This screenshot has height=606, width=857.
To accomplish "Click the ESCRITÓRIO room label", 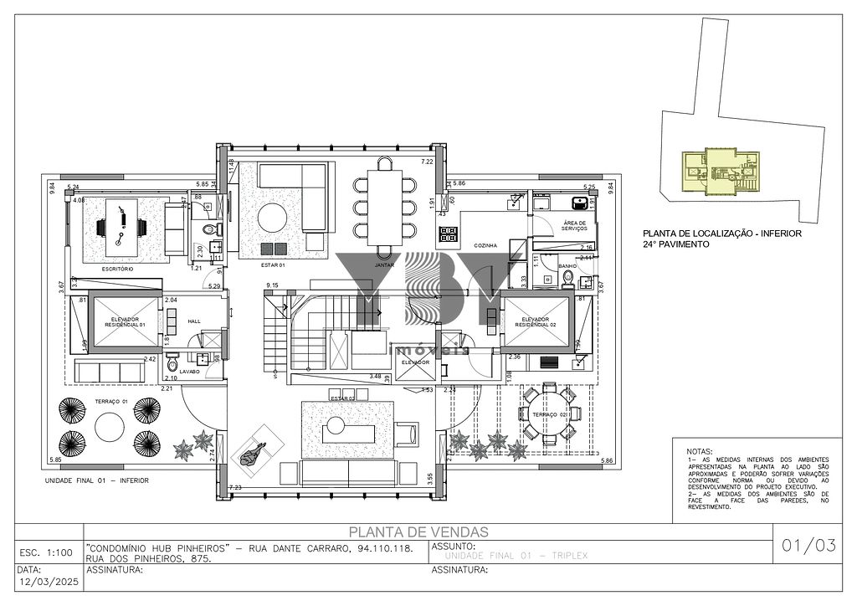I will coord(118,269).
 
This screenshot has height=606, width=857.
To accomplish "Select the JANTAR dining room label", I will coord(384,264).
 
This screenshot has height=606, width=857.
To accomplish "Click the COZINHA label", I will coord(485,245).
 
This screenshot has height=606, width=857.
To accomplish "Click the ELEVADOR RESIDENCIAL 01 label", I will coord(125,321).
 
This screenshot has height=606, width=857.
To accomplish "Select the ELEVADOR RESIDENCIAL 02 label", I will coord(535,321).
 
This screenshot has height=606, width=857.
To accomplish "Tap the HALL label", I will coord(194,321).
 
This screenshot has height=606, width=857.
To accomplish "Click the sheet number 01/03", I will coord(808,547).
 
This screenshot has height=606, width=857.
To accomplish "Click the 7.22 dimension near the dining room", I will coord(426,162).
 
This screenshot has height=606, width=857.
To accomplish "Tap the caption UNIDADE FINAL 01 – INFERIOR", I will coord(96,482).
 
